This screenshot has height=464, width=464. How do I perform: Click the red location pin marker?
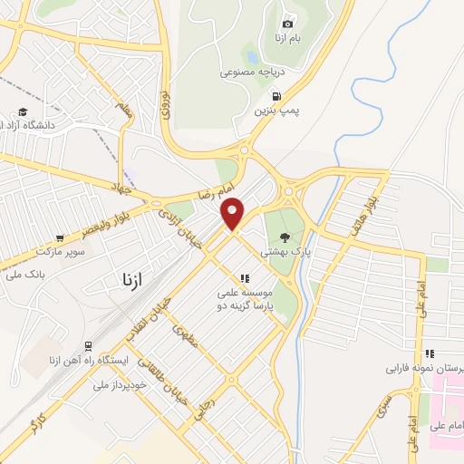coord(233,213)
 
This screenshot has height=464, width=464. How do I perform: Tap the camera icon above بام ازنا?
coord(288,24)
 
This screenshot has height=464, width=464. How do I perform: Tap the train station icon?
coord(89,345)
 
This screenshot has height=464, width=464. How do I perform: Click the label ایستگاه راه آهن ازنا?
coord(88,361)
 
